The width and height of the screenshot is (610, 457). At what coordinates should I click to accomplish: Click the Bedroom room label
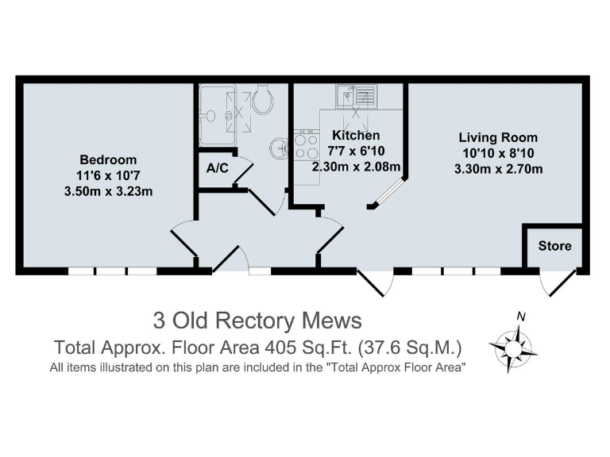(108, 159)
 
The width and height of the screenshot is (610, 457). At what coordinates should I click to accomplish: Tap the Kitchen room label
(356, 135)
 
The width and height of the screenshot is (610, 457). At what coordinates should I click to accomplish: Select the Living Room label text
(498, 137)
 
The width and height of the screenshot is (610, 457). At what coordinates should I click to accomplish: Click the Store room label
(554, 246)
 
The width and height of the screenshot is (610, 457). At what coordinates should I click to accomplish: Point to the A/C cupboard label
(218, 168)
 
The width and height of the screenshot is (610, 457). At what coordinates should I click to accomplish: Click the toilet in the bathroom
(262, 99)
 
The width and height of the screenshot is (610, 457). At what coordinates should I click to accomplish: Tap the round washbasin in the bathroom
(279, 148)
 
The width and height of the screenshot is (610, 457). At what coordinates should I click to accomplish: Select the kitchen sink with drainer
(357, 96)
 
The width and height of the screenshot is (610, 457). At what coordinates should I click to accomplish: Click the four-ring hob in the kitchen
(306, 144)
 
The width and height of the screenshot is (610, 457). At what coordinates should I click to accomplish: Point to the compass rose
(513, 347)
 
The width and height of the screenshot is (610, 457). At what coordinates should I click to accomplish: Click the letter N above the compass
(521, 317)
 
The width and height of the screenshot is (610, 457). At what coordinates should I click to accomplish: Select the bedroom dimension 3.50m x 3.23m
(108, 191)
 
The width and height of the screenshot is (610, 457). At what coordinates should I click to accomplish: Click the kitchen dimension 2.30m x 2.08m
(356, 167)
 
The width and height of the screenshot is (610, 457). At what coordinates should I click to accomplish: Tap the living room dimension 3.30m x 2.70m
(498, 169)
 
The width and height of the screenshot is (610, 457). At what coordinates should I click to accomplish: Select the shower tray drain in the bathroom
(229, 115)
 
